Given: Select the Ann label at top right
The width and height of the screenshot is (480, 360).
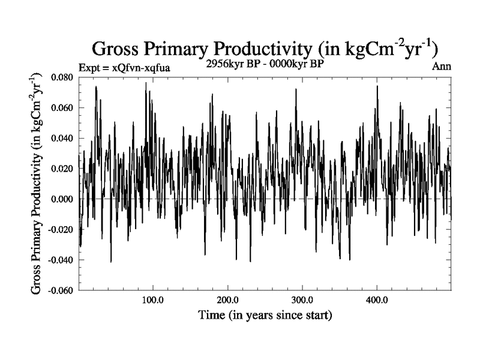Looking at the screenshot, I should coord(442,67).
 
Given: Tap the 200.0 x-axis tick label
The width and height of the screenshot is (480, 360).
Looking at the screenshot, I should coord(227,299).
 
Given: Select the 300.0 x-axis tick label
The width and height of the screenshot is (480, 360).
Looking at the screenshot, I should coord(302,299).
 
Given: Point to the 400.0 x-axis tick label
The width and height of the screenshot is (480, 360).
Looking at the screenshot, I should coord(376,299).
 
